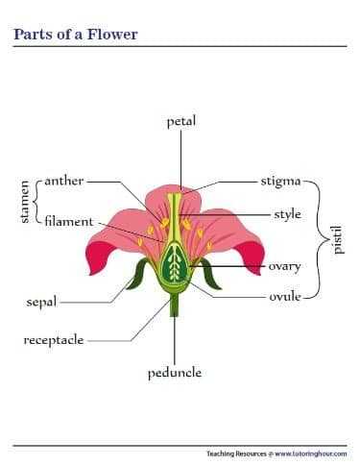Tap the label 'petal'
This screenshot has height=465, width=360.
(180, 122)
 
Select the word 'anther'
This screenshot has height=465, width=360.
(64, 180)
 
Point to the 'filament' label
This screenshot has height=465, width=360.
(68, 221)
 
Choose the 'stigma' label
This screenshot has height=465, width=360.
(280, 180)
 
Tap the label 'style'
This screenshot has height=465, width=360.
(287, 214)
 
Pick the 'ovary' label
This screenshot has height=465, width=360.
(284, 266)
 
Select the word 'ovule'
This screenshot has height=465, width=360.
(285, 296)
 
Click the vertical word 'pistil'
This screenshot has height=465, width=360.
(336, 238)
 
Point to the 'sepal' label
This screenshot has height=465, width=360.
(42, 302)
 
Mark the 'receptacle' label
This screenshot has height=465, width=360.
(54, 340)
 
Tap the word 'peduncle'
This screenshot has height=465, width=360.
(175, 373)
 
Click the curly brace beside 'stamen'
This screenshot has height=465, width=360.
(36, 201)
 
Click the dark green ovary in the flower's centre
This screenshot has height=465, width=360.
(175, 261)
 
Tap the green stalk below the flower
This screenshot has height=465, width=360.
(175, 306)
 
